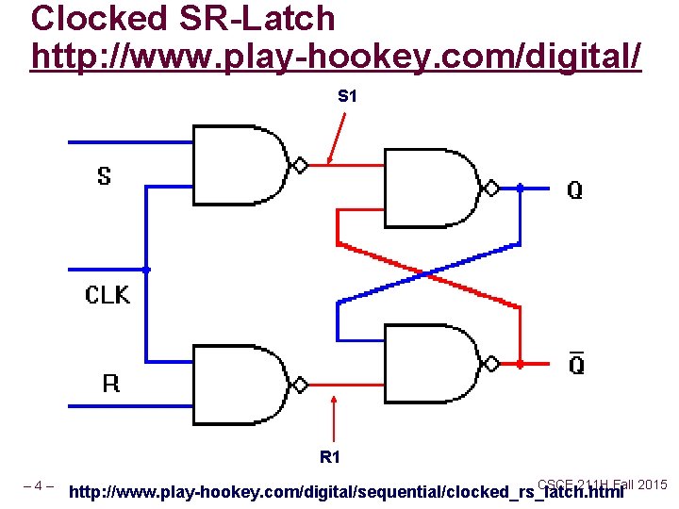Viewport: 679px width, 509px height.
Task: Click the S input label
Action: (104, 175)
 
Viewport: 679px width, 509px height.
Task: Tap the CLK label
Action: (108, 295)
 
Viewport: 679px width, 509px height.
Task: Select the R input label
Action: (111, 384)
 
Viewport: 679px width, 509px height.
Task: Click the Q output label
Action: (574, 190)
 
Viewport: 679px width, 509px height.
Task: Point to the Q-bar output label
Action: (575, 362)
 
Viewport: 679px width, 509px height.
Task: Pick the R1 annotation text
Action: (330, 457)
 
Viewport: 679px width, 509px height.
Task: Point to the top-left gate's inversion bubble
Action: (300, 165)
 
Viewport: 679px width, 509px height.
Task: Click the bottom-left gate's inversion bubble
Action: (300, 385)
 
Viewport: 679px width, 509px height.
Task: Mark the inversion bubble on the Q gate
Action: (491, 188)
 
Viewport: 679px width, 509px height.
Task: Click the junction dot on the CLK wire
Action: (146, 270)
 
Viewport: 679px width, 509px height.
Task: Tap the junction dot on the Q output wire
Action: (520, 189)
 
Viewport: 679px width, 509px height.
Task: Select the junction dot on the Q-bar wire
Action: (520, 363)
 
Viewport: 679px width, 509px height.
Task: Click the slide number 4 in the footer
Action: (39, 486)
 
